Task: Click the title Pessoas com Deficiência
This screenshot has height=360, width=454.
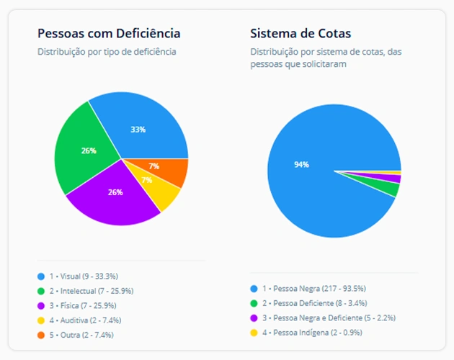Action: (109, 34)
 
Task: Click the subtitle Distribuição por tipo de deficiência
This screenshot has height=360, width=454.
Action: (107, 52)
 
